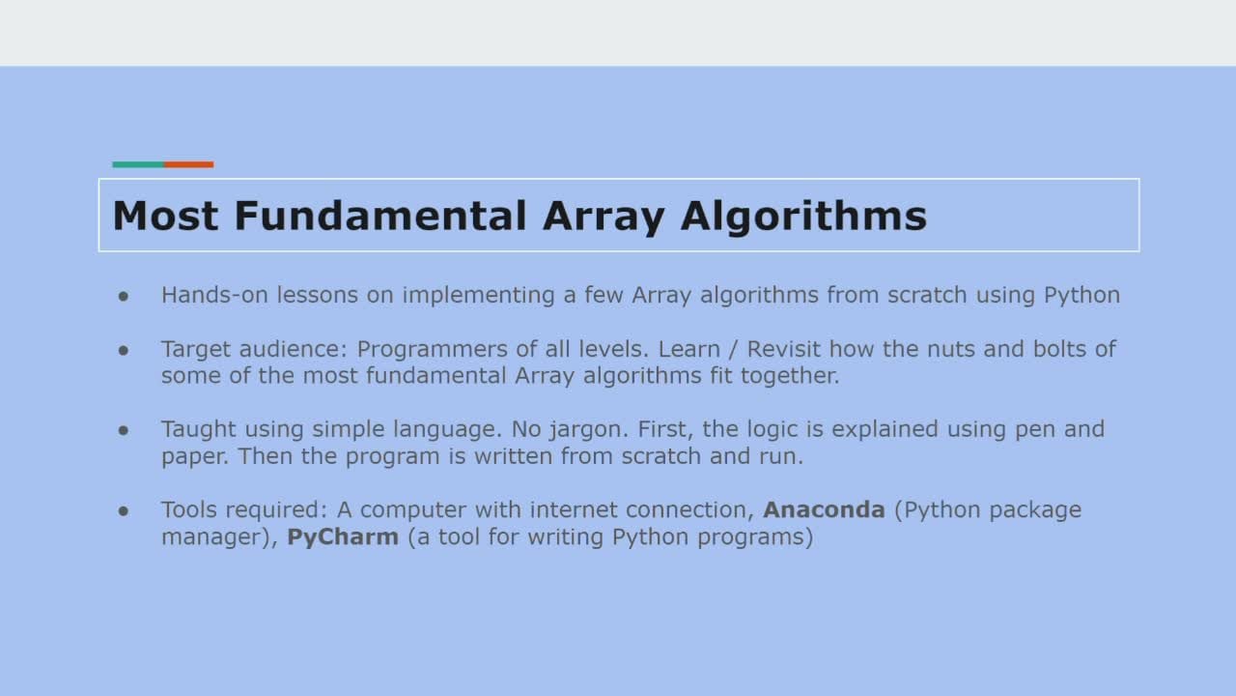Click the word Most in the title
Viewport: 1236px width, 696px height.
[x=165, y=216]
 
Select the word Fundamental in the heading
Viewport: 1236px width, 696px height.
[x=380, y=215]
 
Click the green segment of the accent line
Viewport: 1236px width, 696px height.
[x=138, y=164]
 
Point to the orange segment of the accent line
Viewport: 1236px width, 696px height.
[x=188, y=164]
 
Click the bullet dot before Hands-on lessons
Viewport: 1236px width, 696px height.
[x=123, y=297]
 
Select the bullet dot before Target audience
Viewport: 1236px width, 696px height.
[x=123, y=350]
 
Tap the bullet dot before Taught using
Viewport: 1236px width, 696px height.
[x=123, y=430]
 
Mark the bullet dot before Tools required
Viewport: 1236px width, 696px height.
[x=123, y=511]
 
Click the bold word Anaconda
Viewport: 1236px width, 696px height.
[x=824, y=509]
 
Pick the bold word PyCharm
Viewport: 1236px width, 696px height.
[x=343, y=537]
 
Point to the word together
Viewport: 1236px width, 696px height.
[x=790, y=377]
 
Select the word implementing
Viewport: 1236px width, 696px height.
[x=478, y=296]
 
